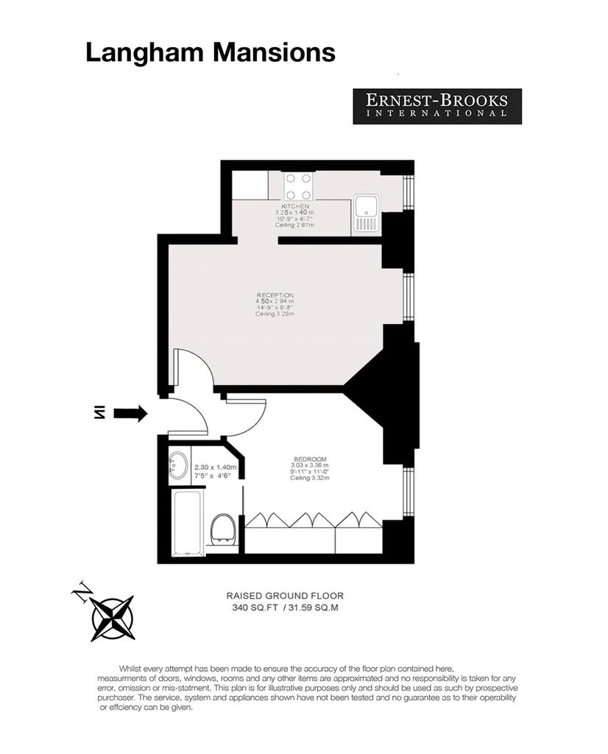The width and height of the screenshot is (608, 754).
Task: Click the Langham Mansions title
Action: pyautogui.click(x=210, y=53)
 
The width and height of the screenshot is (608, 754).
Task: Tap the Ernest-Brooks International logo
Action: pyautogui.click(x=437, y=106)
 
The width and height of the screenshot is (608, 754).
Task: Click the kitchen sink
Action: pyautogui.click(x=367, y=214)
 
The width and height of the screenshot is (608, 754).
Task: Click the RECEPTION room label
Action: pyautogui.click(x=275, y=295)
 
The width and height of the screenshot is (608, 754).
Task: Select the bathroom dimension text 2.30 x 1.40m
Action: pyautogui.click(x=216, y=467)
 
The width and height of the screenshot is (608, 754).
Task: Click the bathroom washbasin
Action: pyautogui.click(x=178, y=465)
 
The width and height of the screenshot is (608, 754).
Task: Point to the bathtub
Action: pyautogui.click(x=188, y=523)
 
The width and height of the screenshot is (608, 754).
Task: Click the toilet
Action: pyautogui.click(x=224, y=529)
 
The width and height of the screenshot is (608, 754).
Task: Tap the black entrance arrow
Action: pyautogui.click(x=130, y=412)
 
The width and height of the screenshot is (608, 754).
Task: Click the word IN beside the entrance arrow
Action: pyautogui.click(x=99, y=412)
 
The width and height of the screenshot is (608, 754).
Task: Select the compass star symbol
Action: pyautogui.click(x=113, y=619)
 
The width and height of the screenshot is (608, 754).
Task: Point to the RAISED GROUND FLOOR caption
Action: pyautogui.click(x=285, y=596)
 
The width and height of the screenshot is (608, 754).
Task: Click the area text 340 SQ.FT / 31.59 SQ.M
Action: pyautogui.click(x=285, y=607)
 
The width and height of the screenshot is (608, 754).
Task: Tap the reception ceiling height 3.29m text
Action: pyautogui.click(x=275, y=314)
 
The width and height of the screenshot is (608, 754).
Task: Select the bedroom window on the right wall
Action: pyautogui.click(x=408, y=491)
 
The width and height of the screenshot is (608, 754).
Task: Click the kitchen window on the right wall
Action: pyautogui.click(x=408, y=192)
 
